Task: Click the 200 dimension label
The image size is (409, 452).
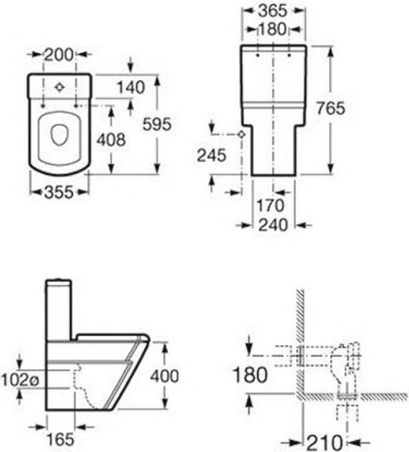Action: coord(59,55)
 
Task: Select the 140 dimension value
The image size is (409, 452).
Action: coord(130,87)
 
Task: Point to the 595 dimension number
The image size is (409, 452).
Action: coord(157,124)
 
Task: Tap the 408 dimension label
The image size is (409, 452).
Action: coord(111,140)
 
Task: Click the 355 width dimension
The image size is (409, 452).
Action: coord(59,192)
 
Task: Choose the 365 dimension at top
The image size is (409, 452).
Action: coord(273,11)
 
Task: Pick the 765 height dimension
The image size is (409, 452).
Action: coord(331,108)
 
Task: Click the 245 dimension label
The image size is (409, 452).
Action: coord(212,156)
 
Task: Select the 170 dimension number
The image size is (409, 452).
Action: coord(270,206)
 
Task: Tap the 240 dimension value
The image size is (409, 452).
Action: coord(273,224)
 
